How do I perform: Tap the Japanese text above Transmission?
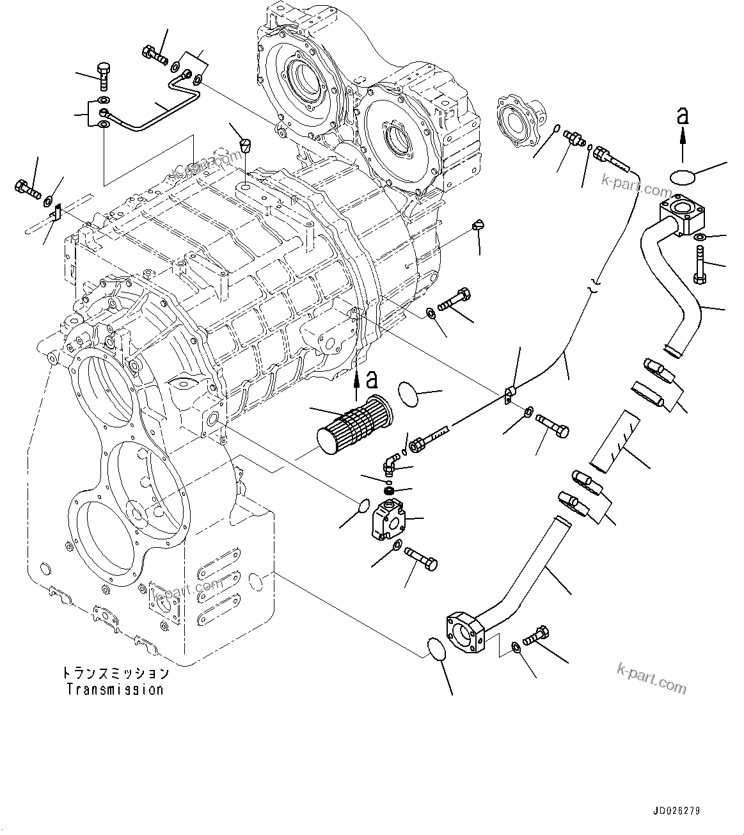pyautogui.click(x=115, y=674)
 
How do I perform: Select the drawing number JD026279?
pyautogui.click(x=677, y=811)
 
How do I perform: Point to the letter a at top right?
pyautogui.click(x=683, y=116)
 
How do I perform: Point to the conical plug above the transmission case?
pyautogui.click(x=245, y=147)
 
